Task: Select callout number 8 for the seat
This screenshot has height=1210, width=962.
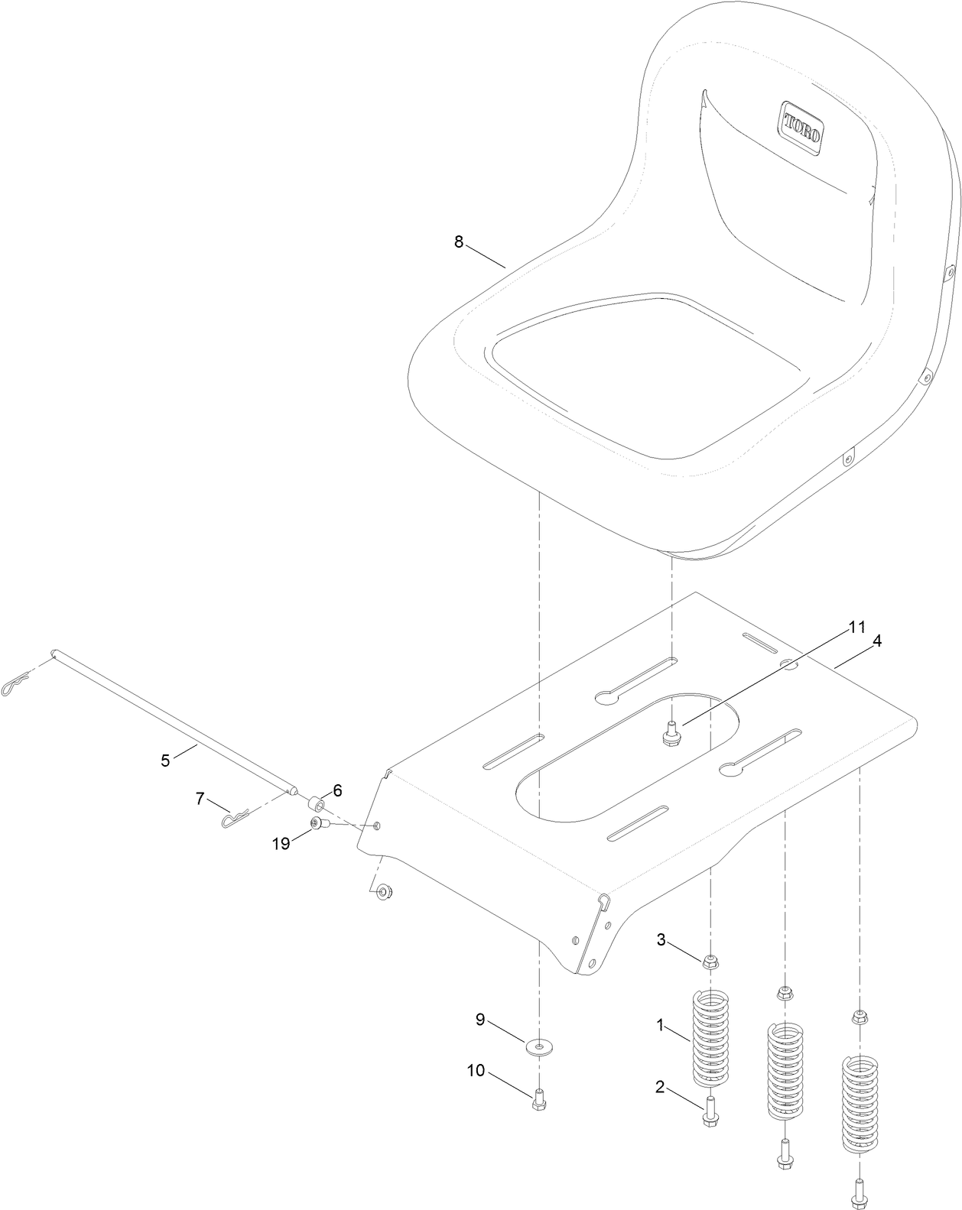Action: pyautogui.click(x=459, y=242)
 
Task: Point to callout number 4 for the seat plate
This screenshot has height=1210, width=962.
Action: pyautogui.click(x=877, y=642)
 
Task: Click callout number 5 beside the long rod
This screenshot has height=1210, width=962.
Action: pyautogui.click(x=165, y=761)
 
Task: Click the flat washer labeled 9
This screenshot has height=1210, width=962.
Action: pyautogui.click(x=540, y=1044)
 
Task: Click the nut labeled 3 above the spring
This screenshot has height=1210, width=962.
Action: pyautogui.click(x=711, y=961)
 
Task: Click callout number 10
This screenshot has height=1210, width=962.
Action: pyautogui.click(x=476, y=1071)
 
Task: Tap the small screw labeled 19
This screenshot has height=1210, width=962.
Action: pyautogui.click(x=319, y=824)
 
